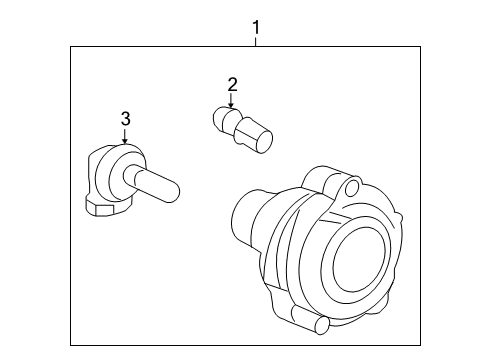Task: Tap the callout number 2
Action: coord(232,84)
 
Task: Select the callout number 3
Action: coord(125,120)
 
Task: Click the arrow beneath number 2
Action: coord(232,104)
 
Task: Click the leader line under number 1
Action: coord(257,40)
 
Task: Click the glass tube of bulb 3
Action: coord(159,186)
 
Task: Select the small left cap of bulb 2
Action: coord(219,122)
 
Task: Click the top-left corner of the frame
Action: coord(70,46)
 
